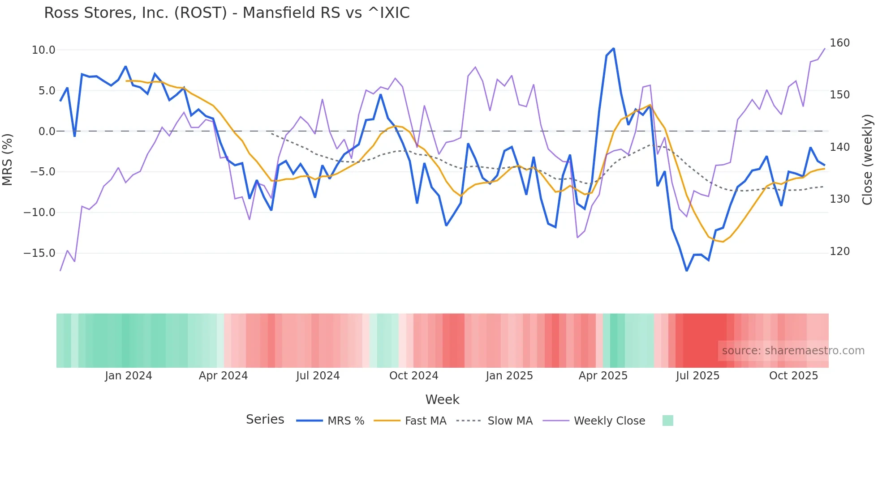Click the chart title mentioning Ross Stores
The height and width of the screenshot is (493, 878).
click(227, 13)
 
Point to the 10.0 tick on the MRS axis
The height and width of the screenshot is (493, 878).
click(43, 50)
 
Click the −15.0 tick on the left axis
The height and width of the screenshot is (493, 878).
click(39, 253)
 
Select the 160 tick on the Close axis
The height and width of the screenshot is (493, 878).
click(839, 43)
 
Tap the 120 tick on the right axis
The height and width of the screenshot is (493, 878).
click(839, 251)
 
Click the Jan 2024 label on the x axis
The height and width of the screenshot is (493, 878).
click(129, 376)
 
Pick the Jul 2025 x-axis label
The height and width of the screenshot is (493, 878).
click(697, 376)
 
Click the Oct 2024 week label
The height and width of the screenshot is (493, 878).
click(413, 376)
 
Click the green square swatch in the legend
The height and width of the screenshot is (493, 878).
click(667, 421)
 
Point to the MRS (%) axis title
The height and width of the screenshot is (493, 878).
click(8, 160)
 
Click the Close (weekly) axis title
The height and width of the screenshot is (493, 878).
click(867, 160)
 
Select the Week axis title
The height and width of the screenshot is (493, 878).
click(442, 399)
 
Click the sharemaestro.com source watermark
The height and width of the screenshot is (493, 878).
click(793, 351)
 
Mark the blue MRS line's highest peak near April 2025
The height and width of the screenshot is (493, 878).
click(613, 48)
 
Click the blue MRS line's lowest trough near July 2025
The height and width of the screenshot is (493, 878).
click(686, 271)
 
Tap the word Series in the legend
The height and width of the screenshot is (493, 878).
click(265, 420)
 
